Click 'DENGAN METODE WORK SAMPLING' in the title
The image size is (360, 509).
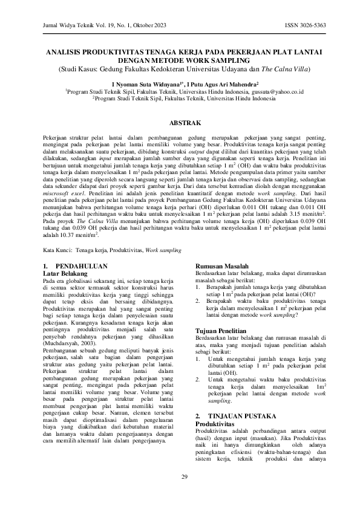pyautogui.click(x=184, y=62)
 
